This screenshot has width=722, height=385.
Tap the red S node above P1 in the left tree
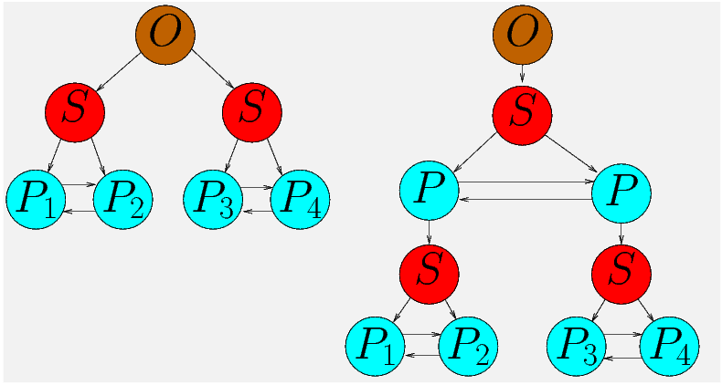pos(75,112)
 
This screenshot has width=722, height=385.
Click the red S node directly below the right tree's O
pos(522,112)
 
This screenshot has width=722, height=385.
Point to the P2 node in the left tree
pos(123,199)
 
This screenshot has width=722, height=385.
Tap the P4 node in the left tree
pos(300,199)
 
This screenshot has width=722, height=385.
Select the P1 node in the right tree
pos(374,347)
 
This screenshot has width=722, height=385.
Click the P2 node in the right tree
pos(468,347)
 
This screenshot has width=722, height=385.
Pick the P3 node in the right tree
pos(576,347)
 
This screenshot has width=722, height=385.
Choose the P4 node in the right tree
pos(670,347)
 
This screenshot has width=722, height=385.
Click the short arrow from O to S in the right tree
pos(522,74)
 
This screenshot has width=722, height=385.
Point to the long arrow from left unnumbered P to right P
pos(526,182)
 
